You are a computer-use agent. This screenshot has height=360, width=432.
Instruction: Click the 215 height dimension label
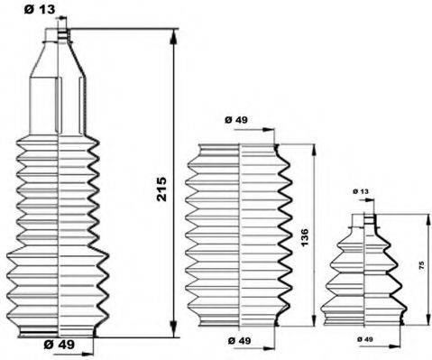161,189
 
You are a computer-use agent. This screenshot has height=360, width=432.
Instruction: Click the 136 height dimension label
304,237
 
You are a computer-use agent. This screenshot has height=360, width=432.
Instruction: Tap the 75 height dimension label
421,265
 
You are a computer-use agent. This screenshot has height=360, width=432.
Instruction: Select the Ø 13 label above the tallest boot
40,10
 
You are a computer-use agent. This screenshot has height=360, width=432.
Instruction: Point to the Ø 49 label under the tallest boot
59,345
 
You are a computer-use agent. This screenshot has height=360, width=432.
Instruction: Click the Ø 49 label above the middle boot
236,120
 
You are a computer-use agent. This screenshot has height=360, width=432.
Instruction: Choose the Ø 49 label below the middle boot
239,340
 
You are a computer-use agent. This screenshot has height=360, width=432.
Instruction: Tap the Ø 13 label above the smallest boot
361,191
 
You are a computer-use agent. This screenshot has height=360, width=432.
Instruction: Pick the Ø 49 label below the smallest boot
365,339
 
